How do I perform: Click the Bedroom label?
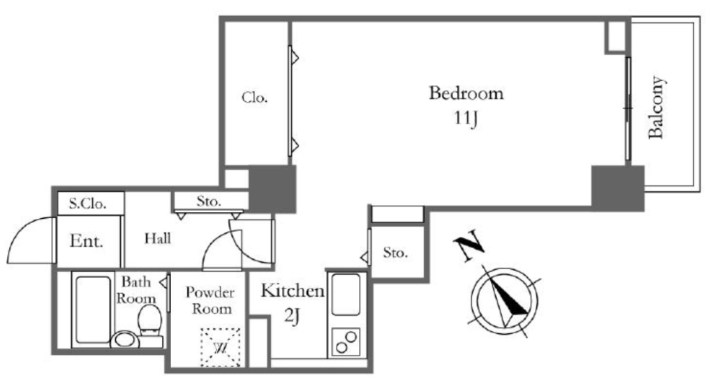tap(466, 93)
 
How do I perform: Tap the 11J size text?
tap(466, 118)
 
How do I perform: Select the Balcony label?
tap(656, 107)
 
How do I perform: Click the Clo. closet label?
tap(254, 98)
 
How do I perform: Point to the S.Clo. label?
tap(87, 204)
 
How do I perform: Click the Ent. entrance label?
tap(86, 240)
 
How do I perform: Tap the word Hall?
tap(158, 238)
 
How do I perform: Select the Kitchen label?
tap(293, 291)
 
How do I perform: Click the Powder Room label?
tap(210, 300)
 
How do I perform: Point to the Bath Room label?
tap(136, 290)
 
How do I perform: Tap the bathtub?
tap(93, 309)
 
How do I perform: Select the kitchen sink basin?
tap(346, 295)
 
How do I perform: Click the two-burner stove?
tap(346, 342)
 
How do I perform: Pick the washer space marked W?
tap(221, 347)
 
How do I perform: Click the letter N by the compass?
tap(469, 245)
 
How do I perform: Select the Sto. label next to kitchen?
tap(395, 252)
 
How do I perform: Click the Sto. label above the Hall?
tap(208, 201)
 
